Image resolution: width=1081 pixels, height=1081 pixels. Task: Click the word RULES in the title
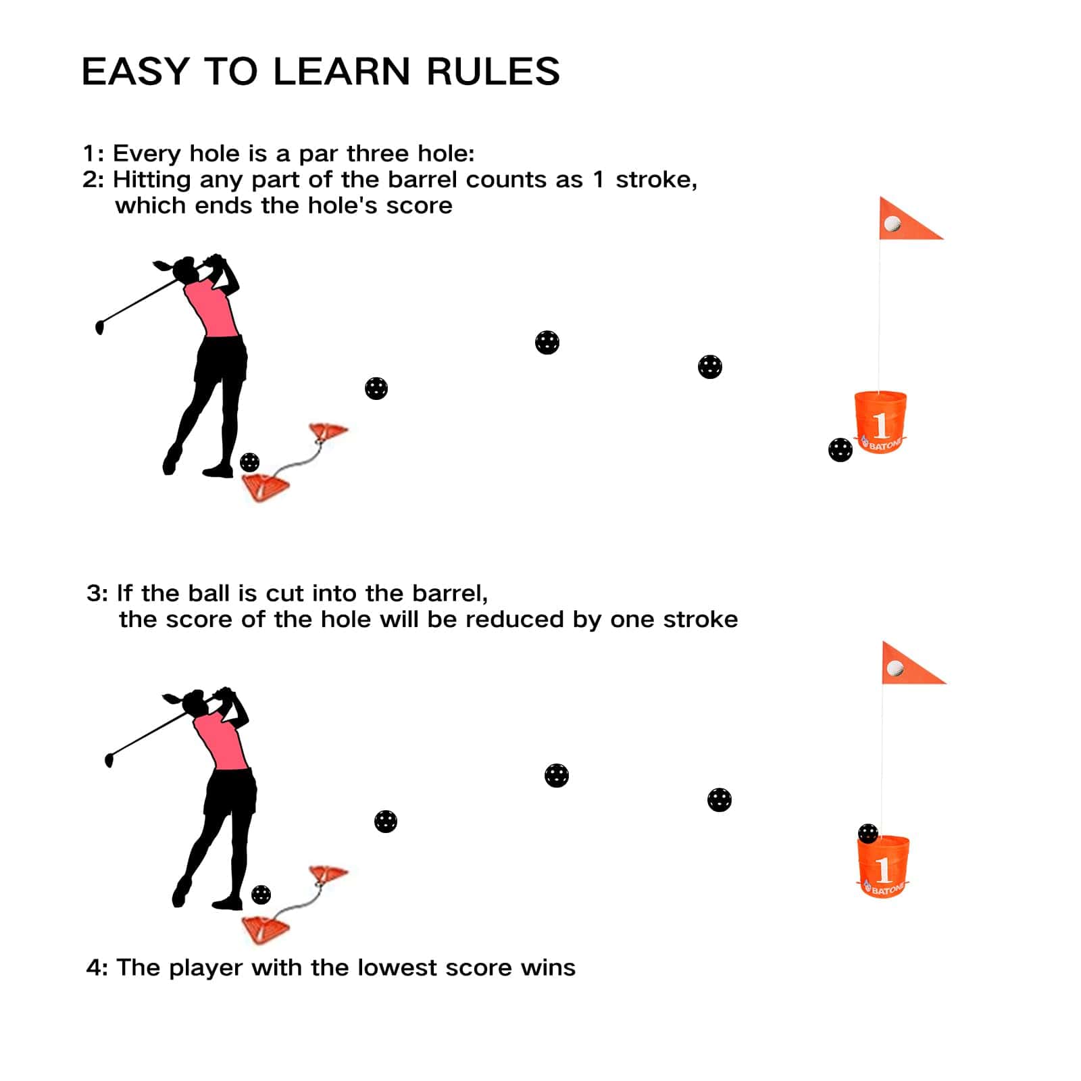point(493,72)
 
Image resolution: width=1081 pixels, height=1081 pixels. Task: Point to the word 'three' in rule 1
point(378,153)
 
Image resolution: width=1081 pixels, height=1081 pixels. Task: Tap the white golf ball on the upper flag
point(893,224)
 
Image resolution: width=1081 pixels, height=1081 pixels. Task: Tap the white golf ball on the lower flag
point(895,668)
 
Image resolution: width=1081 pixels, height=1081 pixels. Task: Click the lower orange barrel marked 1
point(883,867)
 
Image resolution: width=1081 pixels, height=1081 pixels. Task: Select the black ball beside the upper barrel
point(840,449)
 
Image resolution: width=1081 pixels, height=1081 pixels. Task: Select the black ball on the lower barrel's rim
point(868,833)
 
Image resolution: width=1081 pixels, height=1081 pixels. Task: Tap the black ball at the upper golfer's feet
point(249,462)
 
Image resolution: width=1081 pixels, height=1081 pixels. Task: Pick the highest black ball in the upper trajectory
point(547,343)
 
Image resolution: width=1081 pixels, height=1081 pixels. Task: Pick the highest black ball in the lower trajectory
point(556,775)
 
